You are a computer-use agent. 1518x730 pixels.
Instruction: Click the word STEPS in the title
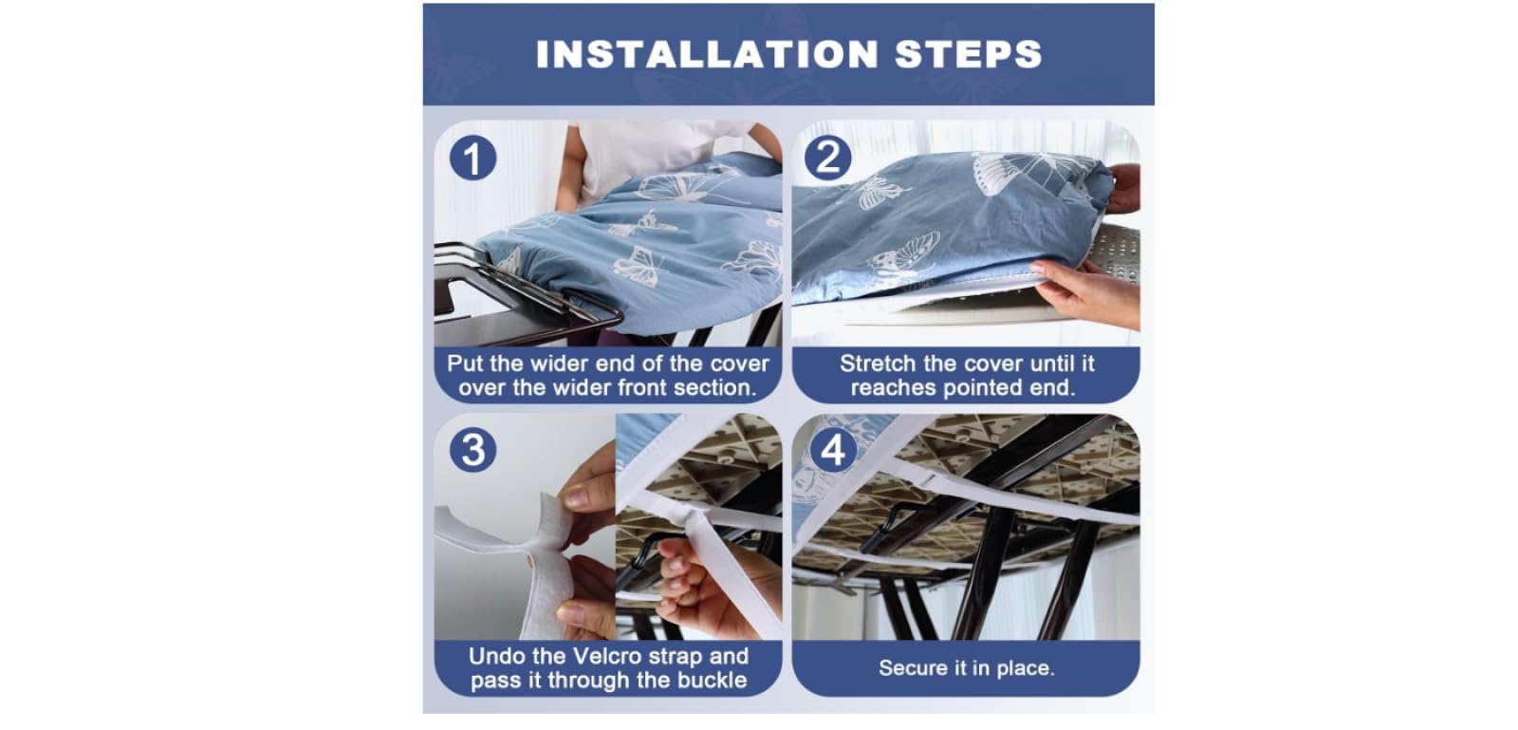pyautogui.click(x=969, y=54)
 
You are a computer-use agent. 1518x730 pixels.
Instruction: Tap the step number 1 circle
pyautogui.click(x=473, y=158)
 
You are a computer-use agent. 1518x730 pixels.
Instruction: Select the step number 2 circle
pyautogui.click(x=827, y=158)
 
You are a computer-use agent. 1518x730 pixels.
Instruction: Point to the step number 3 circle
pyautogui.click(x=473, y=450)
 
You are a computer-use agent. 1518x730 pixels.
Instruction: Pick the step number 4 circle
pyautogui.click(x=833, y=450)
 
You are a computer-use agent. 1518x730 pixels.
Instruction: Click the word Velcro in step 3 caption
pyautogui.click(x=604, y=656)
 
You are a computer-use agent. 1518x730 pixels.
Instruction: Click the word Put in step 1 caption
pyautogui.click(x=465, y=364)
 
